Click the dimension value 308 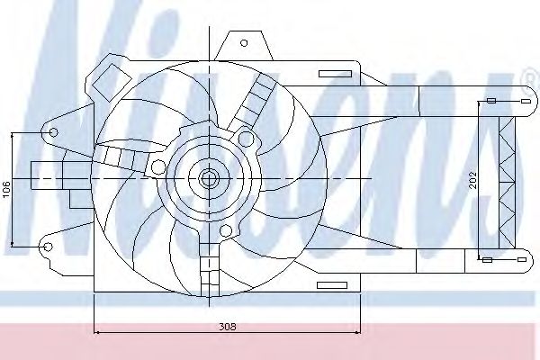point(228,326)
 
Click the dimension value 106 point(6,190)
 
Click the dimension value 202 point(472,180)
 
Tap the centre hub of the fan point(209,178)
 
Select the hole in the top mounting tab point(244,43)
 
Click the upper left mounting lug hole point(53,132)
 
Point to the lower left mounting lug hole point(49,247)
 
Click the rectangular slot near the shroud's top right point(335,74)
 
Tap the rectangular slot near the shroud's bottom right point(332,285)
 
